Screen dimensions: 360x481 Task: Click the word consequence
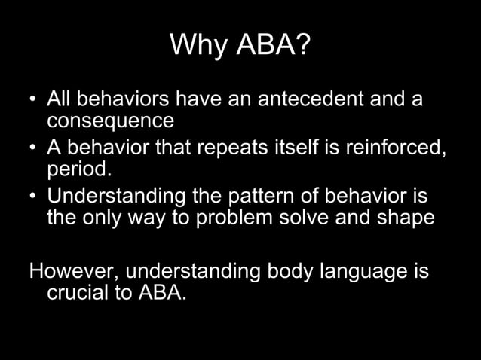pyautogui.click(x=111, y=120)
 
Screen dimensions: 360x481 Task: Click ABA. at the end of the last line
pyautogui.click(x=161, y=291)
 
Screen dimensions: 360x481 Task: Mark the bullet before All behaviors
pyautogui.click(x=34, y=100)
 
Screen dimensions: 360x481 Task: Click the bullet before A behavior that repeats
pyautogui.click(x=34, y=147)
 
